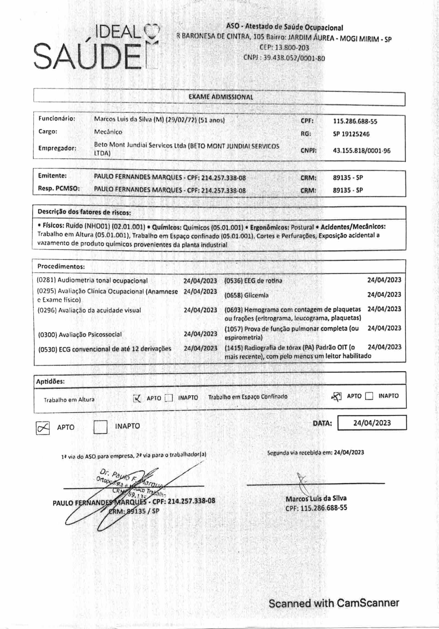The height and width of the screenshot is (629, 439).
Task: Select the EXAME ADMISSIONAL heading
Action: pos(221,97)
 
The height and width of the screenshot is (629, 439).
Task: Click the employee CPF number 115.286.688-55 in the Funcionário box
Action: pos(355,121)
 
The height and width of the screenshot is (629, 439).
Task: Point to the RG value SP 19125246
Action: pos(351,134)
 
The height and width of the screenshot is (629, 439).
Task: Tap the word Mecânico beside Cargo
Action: pos(108,132)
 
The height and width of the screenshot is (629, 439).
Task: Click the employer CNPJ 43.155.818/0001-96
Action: pos(361,151)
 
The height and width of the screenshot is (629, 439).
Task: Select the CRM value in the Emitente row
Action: pos(348,178)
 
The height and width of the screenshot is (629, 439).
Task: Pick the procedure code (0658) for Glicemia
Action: pos(233,295)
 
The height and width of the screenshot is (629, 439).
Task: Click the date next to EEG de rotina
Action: pos(384,280)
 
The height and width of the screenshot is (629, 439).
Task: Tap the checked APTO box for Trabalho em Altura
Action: pos(137,398)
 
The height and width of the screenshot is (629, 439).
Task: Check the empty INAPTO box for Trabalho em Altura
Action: pos(169,398)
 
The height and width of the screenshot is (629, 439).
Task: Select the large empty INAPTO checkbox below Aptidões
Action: pos(100,427)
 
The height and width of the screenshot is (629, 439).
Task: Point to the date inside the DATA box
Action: pos(372,423)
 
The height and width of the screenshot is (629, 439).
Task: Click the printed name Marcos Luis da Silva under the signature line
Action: pos(316,498)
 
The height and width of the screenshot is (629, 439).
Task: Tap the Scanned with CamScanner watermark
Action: pos(334,603)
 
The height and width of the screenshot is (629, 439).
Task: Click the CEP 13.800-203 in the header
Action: pos(284,48)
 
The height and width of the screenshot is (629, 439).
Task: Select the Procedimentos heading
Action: pos(61,266)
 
